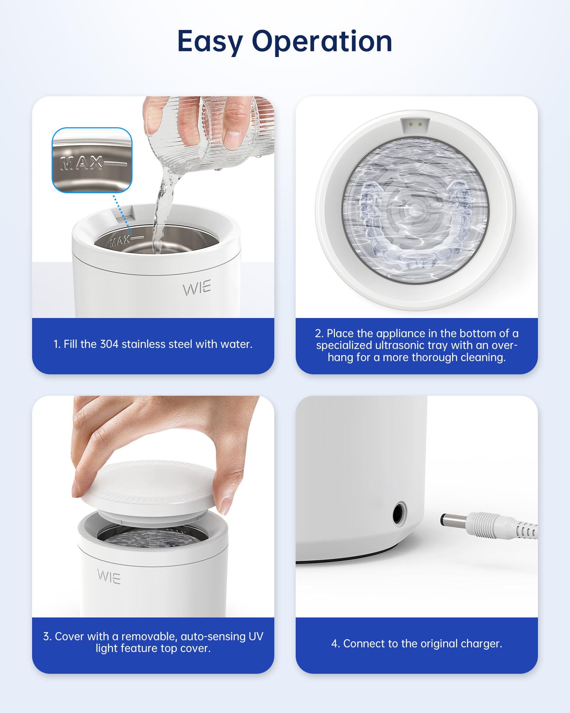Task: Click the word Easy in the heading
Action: (210, 42)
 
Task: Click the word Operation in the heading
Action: (322, 42)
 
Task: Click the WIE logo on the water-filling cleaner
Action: (197, 288)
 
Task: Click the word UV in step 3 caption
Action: (256, 636)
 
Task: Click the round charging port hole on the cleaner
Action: (399, 514)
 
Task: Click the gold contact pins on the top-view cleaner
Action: (415, 124)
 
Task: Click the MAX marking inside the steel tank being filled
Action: (120, 241)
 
